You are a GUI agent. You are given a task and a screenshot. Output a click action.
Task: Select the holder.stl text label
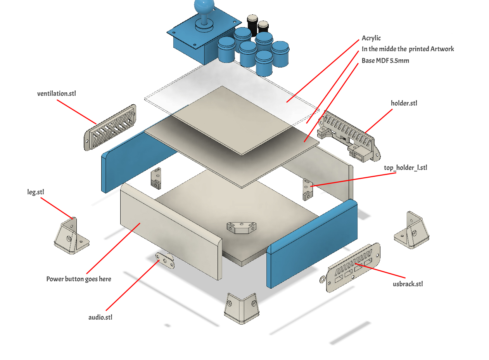point(404,103)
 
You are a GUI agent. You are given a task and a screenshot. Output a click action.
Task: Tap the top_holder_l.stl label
point(405,168)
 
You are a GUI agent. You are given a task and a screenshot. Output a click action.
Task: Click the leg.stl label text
point(36,192)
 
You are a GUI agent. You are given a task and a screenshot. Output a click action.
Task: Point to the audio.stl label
point(100,317)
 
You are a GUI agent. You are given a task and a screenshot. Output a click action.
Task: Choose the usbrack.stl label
point(408,284)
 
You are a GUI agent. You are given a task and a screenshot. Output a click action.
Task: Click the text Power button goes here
point(79,279)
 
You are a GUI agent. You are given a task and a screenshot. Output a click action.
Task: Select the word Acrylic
point(371,38)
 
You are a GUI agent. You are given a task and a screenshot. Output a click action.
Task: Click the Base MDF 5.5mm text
point(385,61)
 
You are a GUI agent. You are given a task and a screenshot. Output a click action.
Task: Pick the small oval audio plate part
point(165,260)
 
